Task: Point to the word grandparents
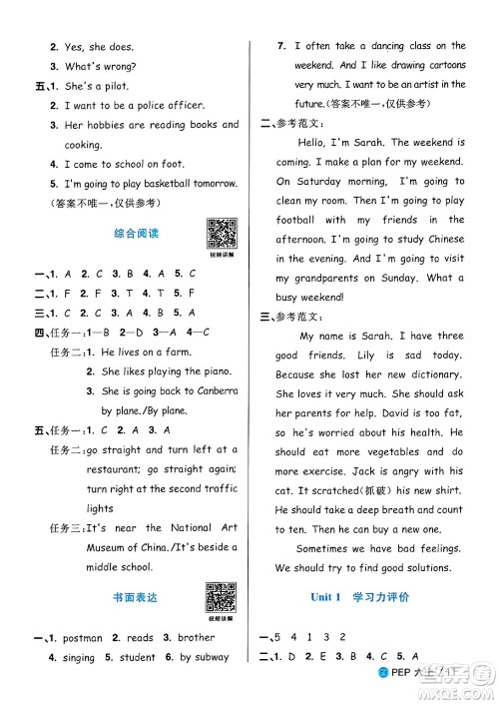click(x=317, y=278)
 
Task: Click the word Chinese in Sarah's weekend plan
click(x=440, y=240)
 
